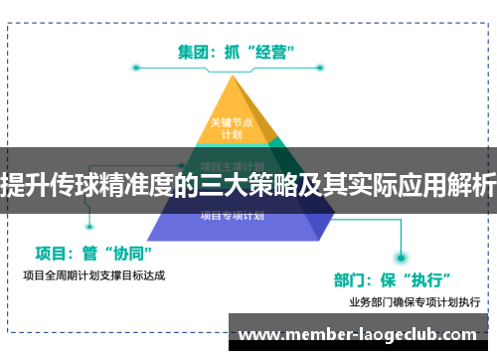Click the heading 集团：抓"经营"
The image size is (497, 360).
[x=242, y=49]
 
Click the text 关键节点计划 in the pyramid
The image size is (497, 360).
[x=232, y=128]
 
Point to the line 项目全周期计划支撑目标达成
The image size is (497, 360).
[x=93, y=274]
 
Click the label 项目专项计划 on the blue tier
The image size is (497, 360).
[x=232, y=214]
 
